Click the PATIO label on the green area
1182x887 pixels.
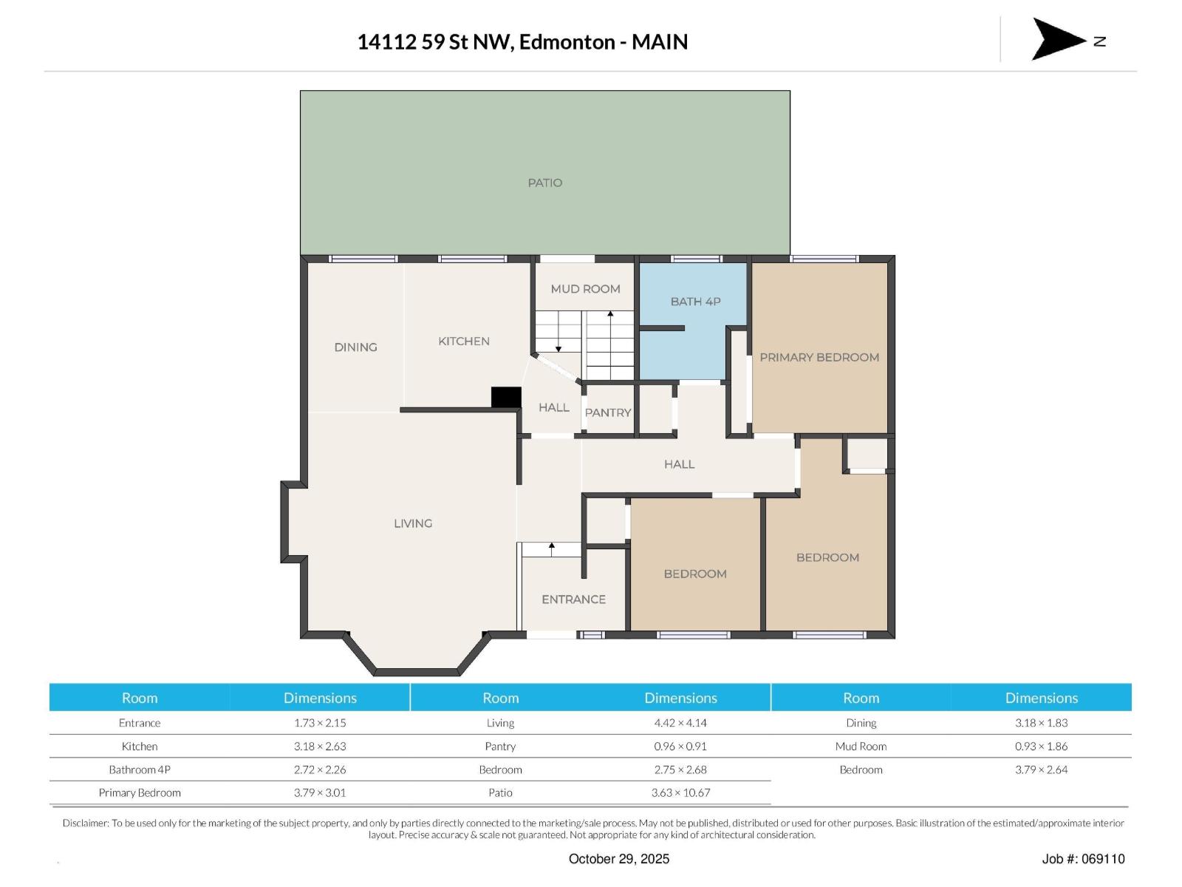(x=544, y=183)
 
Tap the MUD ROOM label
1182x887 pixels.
(x=585, y=289)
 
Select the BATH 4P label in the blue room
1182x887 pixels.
(x=695, y=302)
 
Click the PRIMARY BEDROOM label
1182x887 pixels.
(x=819, y=357)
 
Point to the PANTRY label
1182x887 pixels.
(x=608, y=412)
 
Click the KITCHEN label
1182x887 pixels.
(x=464, y=341)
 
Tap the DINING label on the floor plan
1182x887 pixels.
(x=355, y=347)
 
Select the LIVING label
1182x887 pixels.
(x=413, y=523)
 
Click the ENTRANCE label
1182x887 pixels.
(x=573, y=599)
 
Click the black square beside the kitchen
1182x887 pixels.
(x=506, y=397)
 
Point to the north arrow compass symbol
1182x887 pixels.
(x=1059, y=39)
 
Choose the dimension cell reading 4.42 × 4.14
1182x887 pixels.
(x=680, y=723)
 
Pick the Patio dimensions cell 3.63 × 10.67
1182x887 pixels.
(x=680, y=792)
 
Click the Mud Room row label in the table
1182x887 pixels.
(x=861, y=747)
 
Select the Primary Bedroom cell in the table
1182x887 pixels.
(x=140, y=792)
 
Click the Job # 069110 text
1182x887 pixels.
(x=1083, y=859)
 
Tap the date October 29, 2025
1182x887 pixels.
(x=619, y=859)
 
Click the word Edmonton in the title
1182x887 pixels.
(x=567, y=42)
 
